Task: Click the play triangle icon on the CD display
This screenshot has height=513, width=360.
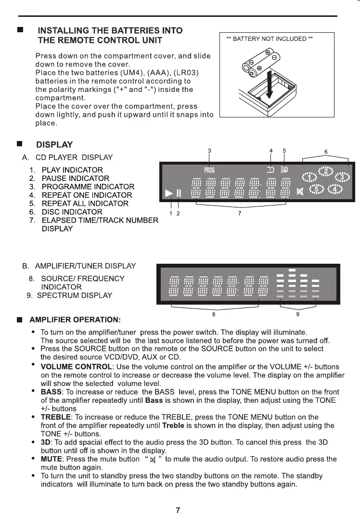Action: [168, 193]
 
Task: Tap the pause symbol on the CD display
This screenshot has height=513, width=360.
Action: [179, 193]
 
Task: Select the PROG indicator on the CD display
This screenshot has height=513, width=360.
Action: [209, 170]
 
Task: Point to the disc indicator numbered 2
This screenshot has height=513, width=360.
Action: [326, 171]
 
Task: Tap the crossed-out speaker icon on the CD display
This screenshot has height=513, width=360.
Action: [300, 192]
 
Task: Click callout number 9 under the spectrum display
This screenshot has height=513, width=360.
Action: [298, 314]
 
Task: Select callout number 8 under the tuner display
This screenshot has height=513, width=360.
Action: [214, 314]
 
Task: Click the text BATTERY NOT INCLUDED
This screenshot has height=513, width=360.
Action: [270, 39]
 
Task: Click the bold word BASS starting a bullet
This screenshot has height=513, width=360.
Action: [51, 392]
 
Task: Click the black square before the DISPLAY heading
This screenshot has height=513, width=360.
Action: [20, 144]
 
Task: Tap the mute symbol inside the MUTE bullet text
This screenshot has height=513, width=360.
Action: [153, 460]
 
